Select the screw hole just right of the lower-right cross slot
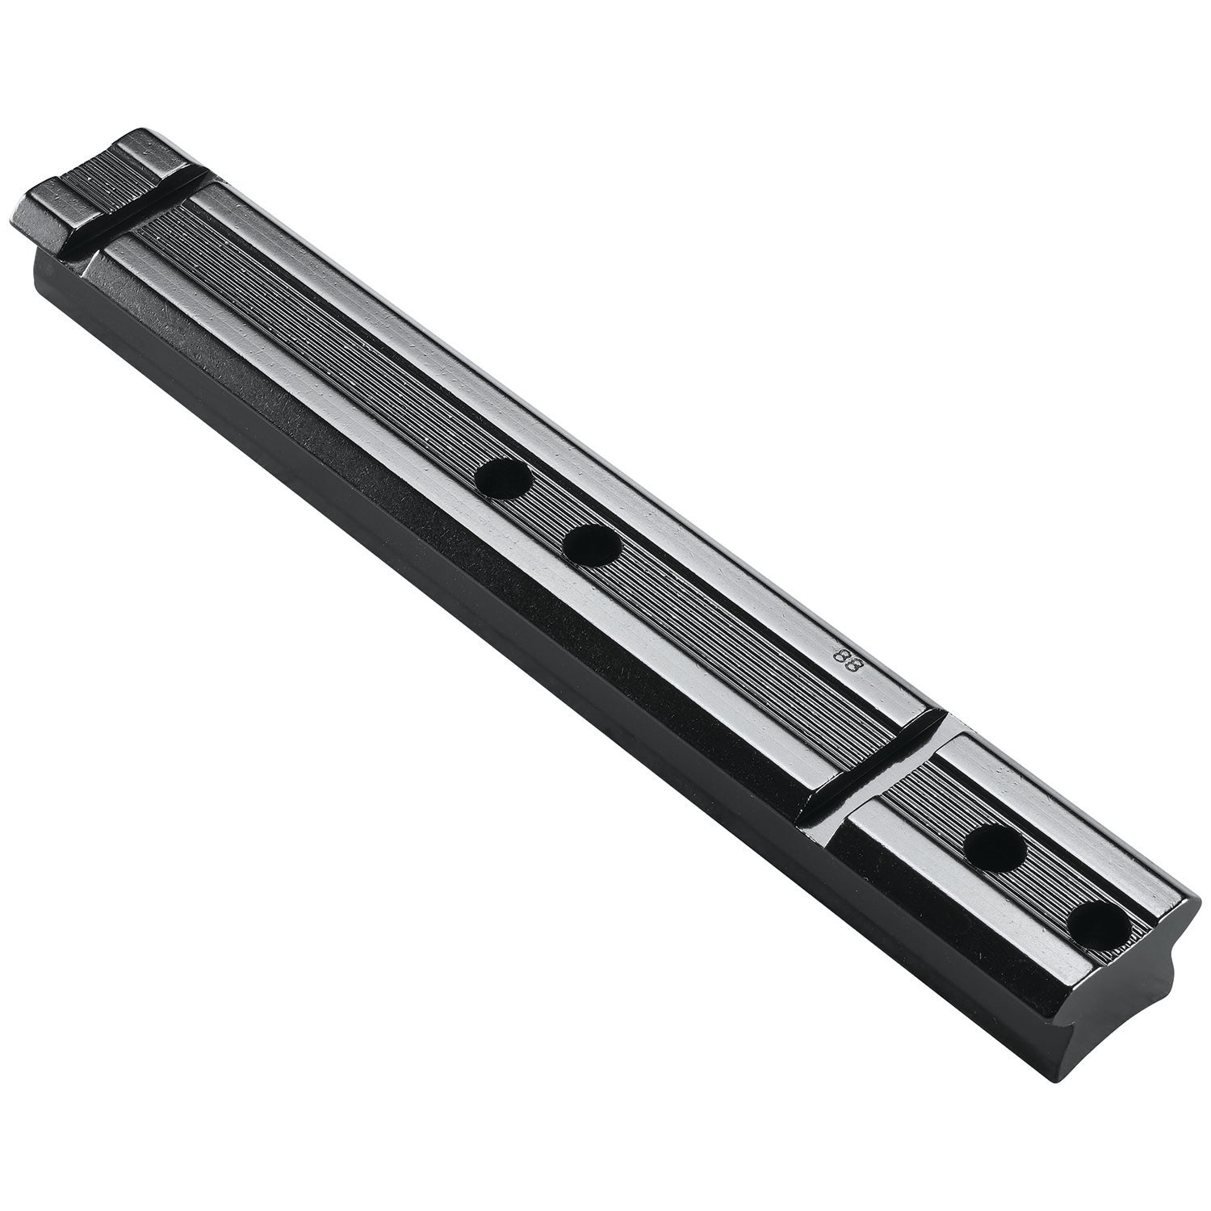995,847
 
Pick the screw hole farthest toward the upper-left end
503,481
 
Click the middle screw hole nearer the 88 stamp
592,547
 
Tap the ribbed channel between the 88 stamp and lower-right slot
880,710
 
